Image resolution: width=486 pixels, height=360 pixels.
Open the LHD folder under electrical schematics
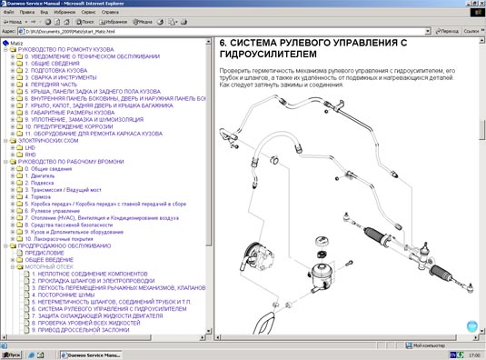(x=30, y=148)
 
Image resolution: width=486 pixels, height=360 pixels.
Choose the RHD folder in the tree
(x=30, y=155)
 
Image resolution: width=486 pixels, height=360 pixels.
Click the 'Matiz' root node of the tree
(x=15, y=43)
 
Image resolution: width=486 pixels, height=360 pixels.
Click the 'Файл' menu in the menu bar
(x=8, y=11)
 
